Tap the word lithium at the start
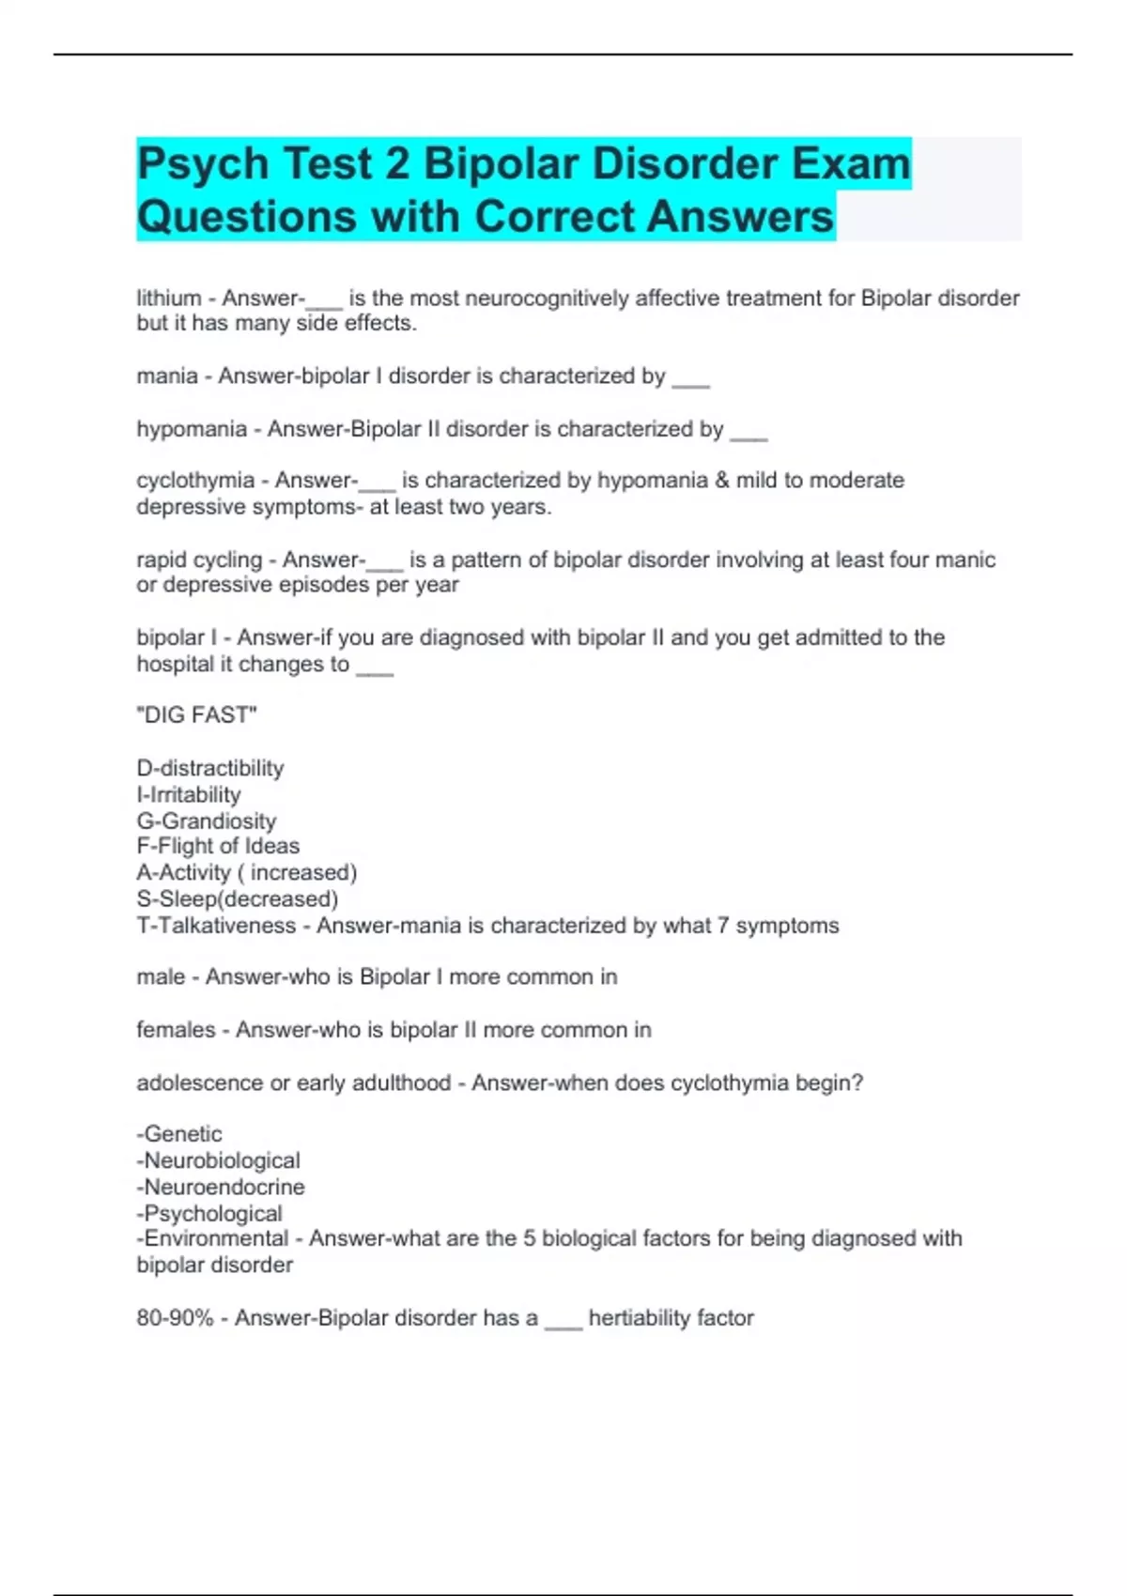tap(169, 299)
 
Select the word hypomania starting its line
tap(192, 429)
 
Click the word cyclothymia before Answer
tap(195, 481)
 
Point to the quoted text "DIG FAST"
tap(196, 715)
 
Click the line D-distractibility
tap(210, 768)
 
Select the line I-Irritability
tap(189, 794)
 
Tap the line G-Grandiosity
tap(207, 821)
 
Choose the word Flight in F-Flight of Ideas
tap(185, 846)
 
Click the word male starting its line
tap(161, 977)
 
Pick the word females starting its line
tap(176, 1030)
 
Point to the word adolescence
tap(200, 1082)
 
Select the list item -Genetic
tap(179, 1134)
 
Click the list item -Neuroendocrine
tap(221, 1187)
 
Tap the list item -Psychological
tap(209, 1213)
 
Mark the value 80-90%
tap(175, 1318)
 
